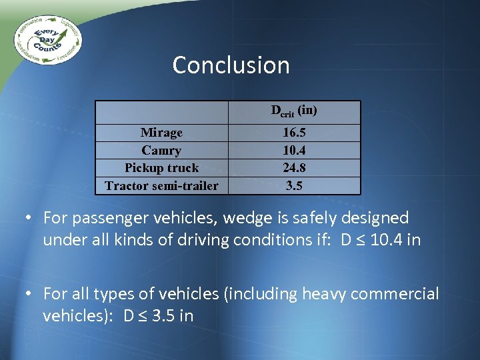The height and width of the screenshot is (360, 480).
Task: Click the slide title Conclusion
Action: click(231, 65)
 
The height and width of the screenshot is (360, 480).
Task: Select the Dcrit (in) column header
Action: click(293, 111)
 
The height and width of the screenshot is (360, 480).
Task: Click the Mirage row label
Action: click(161, 133)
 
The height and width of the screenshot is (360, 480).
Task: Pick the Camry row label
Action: click(161, 151)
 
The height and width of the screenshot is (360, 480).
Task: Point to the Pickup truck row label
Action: click(161, 168)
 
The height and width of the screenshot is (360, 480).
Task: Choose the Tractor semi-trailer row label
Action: click(161, 185)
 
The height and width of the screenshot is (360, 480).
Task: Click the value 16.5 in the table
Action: click(294, 133)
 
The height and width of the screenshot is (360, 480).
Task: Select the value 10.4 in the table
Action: click(294, 151)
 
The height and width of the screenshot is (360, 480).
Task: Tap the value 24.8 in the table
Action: click(294, 168)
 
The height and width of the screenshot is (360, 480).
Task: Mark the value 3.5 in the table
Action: click(294, 185)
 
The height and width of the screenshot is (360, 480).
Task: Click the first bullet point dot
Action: click(31, 219)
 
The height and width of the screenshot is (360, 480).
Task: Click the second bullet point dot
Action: click(31, 294)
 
